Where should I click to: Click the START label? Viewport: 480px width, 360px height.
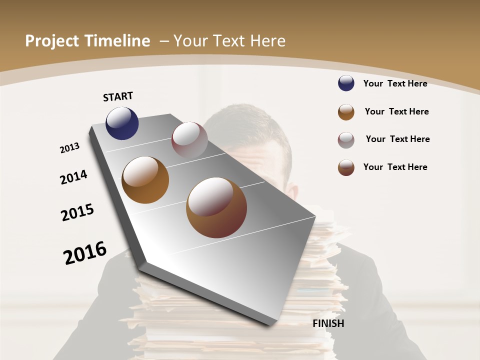118,96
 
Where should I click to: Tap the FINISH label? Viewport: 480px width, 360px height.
328,323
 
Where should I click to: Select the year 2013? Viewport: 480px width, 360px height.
70,148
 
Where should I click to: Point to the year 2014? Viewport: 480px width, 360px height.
73,177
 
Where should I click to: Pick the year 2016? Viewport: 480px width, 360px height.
85,252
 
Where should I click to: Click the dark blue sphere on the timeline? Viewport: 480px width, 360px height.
122,123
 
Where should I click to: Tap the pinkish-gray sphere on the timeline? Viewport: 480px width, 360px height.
189,140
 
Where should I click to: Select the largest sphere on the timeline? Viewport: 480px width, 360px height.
216,207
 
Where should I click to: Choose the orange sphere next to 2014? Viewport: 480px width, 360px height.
145,180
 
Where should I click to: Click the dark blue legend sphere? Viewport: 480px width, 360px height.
346,83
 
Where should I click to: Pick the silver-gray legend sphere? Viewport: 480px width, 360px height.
346,140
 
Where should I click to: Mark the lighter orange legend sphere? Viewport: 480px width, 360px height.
346,112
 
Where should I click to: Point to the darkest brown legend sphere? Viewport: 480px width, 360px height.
346,168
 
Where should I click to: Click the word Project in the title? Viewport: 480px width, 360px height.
52,41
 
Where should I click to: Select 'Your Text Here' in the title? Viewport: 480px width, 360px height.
229,41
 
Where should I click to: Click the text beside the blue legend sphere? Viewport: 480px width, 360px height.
395,83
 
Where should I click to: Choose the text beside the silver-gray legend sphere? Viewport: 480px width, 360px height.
397,139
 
